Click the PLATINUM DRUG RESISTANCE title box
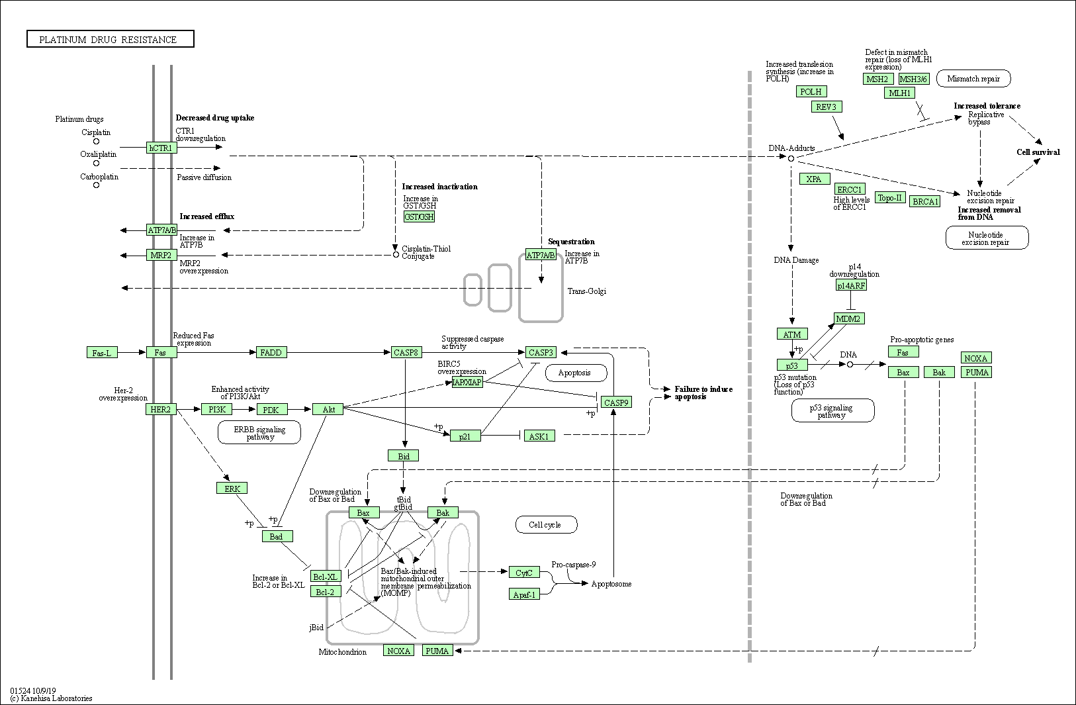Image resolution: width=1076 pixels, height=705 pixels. coord(111,40)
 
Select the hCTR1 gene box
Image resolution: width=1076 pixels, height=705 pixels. coord(161,148)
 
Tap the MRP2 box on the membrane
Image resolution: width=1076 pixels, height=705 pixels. coord(161,255)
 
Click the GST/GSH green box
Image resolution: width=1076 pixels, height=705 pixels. coord(419,216)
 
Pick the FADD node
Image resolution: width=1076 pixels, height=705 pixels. coord(271,353)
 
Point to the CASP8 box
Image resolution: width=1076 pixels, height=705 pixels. coord(406,353)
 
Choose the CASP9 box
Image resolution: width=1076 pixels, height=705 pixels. coord(616,402)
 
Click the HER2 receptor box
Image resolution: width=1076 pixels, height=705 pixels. coord(161,410)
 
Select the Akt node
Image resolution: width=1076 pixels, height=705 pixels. coord(328,410)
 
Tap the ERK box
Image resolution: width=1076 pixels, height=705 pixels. coord(232,489)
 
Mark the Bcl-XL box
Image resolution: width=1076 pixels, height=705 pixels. coord(326,577)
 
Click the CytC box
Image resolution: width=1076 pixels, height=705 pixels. coord(524,573)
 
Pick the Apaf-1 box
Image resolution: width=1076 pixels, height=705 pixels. coord(524,594)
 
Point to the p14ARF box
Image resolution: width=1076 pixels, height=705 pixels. coord(851,285)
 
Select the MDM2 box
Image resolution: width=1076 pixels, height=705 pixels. coord(849,318)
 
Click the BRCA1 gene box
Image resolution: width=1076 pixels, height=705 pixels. coord(925,201)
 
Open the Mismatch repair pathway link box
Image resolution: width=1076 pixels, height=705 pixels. coord(973,79)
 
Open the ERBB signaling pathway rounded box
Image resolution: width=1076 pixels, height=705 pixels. coord(259,433)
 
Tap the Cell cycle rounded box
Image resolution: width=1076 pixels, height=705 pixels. coord(545,525)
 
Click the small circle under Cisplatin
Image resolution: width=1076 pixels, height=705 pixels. coord(96,141)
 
